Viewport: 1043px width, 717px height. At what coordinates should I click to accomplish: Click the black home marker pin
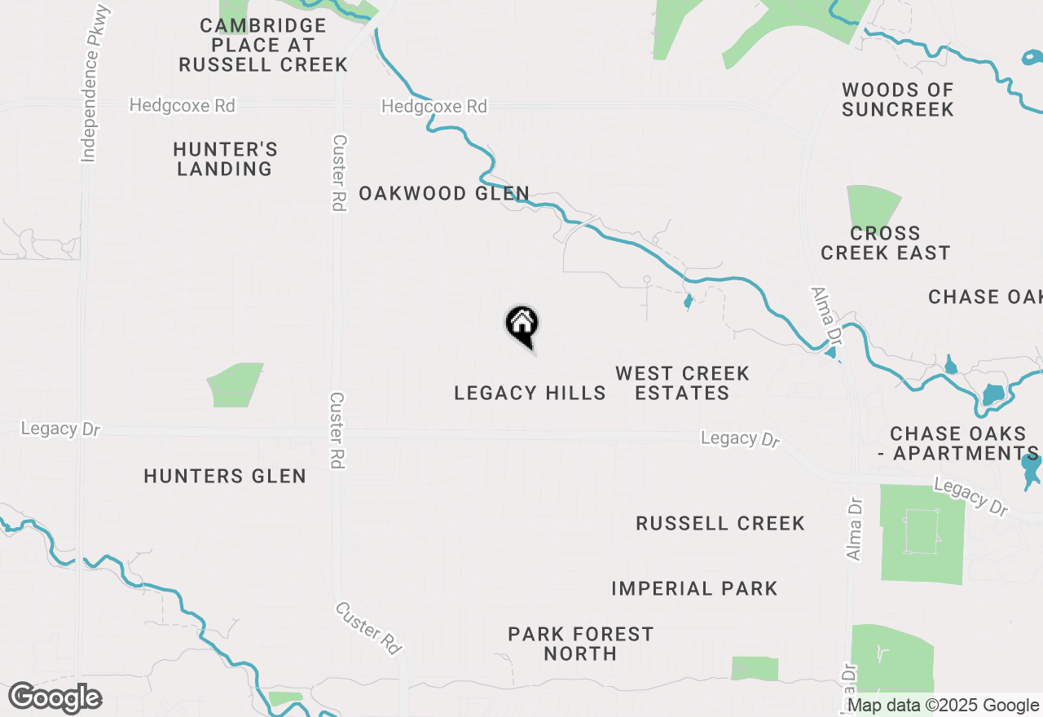[521, 324]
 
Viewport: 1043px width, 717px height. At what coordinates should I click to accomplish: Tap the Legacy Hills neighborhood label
[530, 393]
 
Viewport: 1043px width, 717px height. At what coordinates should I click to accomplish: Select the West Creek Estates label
[682, 383]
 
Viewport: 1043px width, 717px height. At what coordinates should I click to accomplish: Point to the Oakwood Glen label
[444, 193]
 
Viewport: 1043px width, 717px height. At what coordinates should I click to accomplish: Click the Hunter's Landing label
[225, 159]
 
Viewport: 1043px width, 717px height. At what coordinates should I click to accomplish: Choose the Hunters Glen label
[225, 476]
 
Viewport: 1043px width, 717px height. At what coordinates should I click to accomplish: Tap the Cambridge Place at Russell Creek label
[263, 45]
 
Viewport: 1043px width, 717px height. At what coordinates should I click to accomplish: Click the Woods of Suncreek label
[897, 99]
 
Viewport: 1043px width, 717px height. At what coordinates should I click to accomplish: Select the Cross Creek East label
[885, 243]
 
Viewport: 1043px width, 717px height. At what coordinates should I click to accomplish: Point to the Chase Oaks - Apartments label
[964, 443]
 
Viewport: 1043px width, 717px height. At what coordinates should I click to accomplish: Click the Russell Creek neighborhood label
[720, 523]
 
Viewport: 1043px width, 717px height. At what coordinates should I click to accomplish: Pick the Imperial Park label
[694, 588]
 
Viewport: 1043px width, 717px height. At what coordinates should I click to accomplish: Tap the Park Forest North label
[580, 644]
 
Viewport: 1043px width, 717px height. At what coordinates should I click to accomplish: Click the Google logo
[55, 698]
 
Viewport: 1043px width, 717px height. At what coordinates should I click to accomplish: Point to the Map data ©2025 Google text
[943, 706]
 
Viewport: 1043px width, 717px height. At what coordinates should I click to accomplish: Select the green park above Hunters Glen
[235, 385]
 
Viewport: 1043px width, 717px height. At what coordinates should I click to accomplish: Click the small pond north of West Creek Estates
[688, 302]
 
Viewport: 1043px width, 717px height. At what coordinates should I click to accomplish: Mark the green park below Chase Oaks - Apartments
[922, 534]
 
